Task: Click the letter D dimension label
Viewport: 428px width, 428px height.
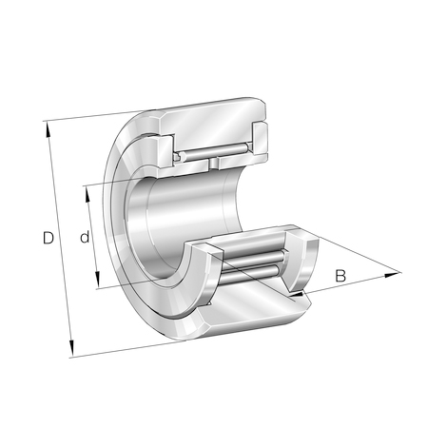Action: click(49, 238)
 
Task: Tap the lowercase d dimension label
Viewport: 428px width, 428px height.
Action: click(85, 237)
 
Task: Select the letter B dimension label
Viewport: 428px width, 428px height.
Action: click(340, 276)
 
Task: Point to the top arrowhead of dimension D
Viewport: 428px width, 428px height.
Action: click(49, 128)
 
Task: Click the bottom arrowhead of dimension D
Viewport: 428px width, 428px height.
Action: click(71, 349)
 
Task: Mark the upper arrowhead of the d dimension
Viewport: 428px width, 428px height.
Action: click(87, 194)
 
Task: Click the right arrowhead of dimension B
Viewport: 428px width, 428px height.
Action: click(392, 275)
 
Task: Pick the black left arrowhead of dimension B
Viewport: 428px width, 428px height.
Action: click(298, 295)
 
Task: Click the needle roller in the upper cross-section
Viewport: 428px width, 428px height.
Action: click(214, 152)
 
